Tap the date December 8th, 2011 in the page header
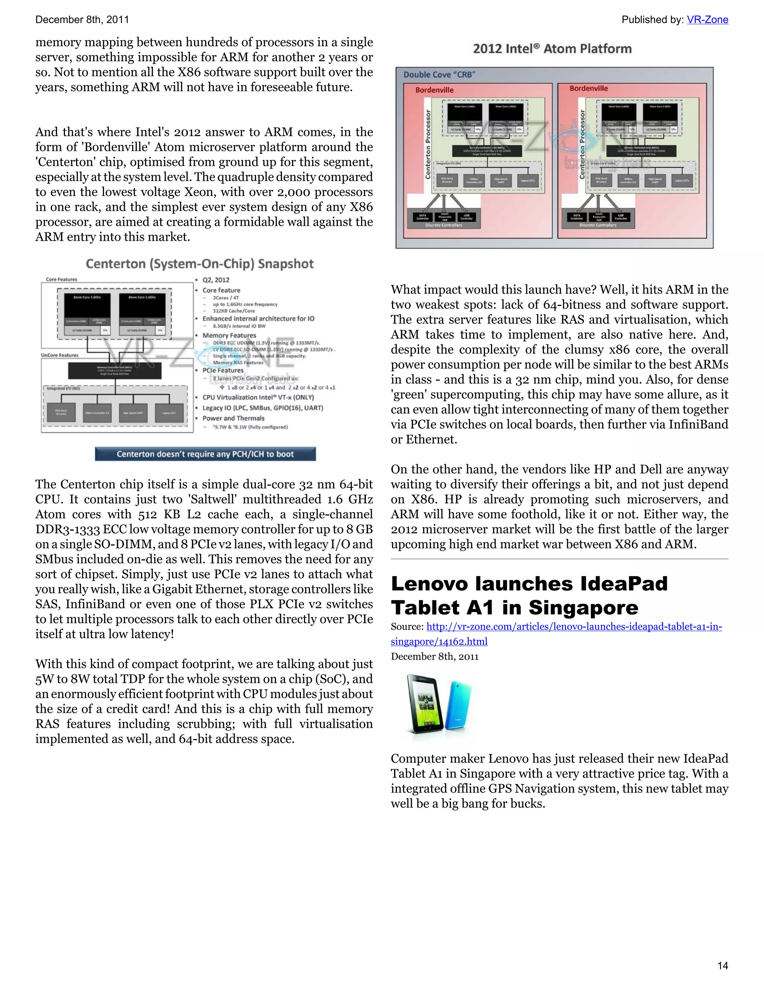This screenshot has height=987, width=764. (82, 20)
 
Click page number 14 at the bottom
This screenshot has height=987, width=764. (723, 965)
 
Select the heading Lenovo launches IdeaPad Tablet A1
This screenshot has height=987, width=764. (529, 596)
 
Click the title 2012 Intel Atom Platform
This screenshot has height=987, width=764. (552, 49)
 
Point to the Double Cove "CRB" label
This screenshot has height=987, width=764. (439, 75)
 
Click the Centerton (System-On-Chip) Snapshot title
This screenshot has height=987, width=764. (200, 264)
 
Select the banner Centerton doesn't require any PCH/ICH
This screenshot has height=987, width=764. (205, 454)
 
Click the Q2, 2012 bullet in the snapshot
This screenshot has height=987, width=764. (216, 280)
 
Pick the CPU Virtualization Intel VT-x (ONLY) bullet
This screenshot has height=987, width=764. (258, 397)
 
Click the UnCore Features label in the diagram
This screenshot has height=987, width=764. (60, 355)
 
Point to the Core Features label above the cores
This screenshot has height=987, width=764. (62, 279)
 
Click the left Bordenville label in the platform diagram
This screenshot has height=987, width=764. (434, 90)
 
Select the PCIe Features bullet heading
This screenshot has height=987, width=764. (223, 370)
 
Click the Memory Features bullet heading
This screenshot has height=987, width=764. (229, 335)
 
